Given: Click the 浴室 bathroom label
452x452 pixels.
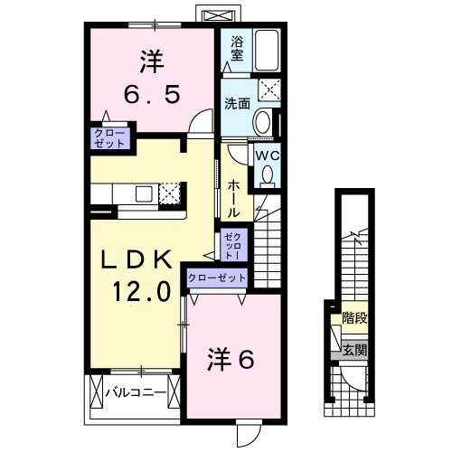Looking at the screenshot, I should pos(238,48).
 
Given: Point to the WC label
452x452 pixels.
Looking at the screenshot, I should pos(267,155).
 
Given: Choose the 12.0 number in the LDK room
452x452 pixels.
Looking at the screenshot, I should pos(140,292).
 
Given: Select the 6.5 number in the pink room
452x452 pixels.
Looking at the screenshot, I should pos(152,92).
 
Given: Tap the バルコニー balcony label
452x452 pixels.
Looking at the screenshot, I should pos(134,393).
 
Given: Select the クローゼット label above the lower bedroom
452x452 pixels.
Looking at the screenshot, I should pos(218,278).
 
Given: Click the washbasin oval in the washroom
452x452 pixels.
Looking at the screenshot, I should pos(261,122).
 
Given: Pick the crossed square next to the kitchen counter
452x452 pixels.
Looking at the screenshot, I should pos(170,193).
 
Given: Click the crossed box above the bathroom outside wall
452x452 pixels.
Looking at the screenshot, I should pos(217,17).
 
